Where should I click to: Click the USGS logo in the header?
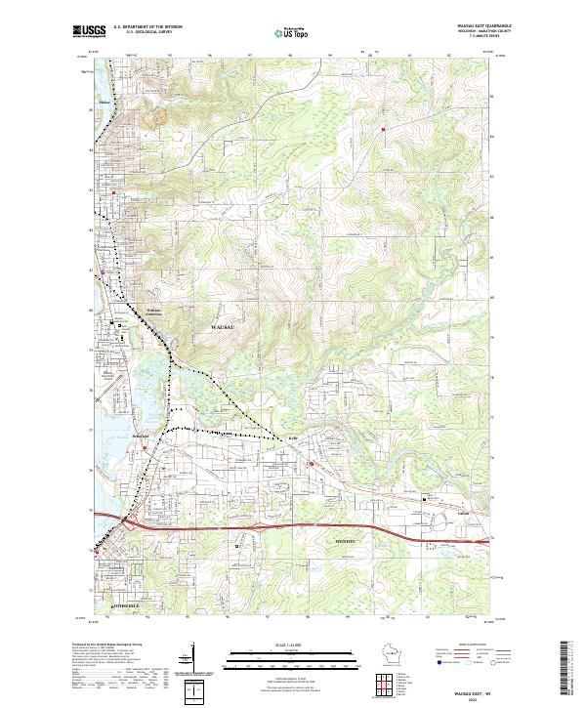[x=90, y=31]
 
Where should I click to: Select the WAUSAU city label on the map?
[x=224, y=325]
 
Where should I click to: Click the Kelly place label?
[x=292, y=439]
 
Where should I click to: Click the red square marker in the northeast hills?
[x=384, y=128]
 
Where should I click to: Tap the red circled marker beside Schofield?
[x=146, y=448]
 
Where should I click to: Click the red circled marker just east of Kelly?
[x=311, y=463]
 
